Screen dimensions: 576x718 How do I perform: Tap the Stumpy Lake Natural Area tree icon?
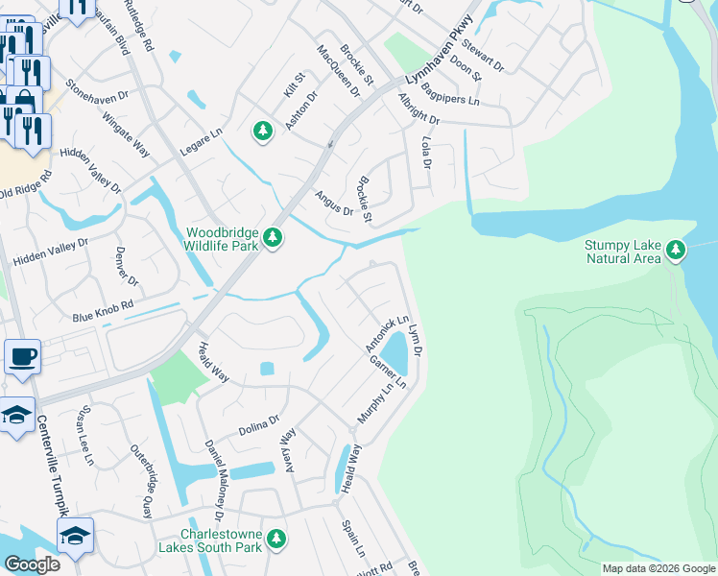pos(677,251)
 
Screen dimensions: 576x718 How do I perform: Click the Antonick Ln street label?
pos(387,333)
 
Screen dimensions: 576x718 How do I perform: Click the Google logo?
pos(32,564)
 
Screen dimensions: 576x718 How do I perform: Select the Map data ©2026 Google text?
pos(658,568)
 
